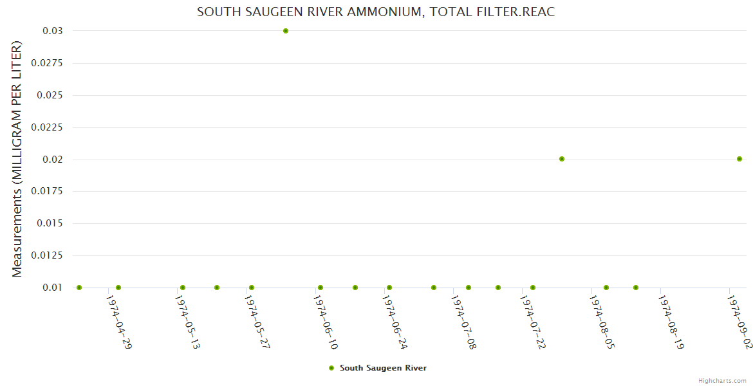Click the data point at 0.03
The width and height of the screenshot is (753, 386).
286,31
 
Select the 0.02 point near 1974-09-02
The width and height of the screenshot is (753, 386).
739,159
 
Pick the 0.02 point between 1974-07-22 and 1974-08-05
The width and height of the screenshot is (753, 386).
562,159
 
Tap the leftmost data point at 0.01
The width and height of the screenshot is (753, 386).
79,288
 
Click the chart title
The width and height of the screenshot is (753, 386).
376,12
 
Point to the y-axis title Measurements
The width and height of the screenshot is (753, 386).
17,160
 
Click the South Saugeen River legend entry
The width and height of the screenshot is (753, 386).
382,368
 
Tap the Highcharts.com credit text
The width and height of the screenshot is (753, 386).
722,381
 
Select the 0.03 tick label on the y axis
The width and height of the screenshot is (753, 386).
53,31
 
